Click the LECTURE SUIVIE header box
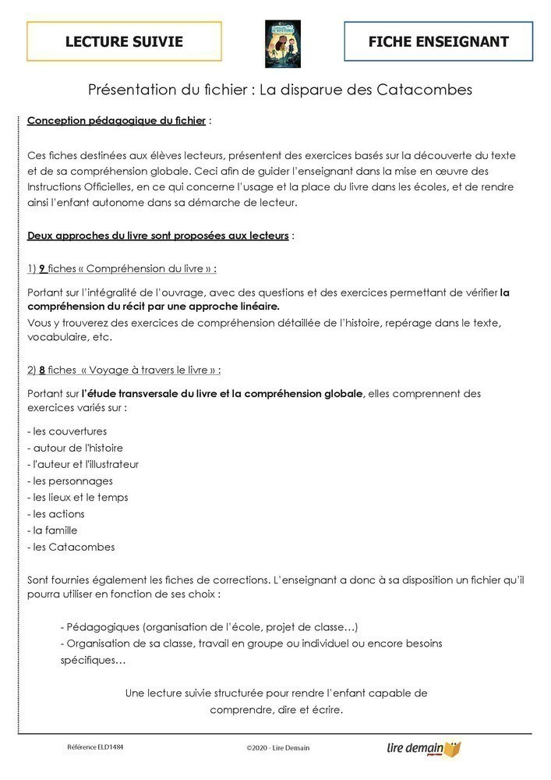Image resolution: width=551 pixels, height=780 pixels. (124, 41)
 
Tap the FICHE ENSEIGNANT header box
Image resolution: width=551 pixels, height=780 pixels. (439, 41)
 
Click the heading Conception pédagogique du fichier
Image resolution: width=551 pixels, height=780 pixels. (116, 121)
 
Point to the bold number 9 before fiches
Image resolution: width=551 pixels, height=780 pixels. (42, 268)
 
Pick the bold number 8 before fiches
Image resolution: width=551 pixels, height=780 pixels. (42, 370)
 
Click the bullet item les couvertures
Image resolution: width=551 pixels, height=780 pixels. (67, 431)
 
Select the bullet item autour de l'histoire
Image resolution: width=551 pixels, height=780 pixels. (75, 448)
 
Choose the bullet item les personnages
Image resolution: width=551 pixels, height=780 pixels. (70, 481)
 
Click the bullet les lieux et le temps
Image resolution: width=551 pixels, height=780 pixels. (77, 498)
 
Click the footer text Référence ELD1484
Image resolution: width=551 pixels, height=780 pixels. (95, 746)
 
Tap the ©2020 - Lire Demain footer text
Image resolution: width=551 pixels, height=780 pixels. (277, 748)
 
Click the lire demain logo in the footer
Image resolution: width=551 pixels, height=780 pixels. (424, 749)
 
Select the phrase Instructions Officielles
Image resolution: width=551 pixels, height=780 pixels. (84, 187)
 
